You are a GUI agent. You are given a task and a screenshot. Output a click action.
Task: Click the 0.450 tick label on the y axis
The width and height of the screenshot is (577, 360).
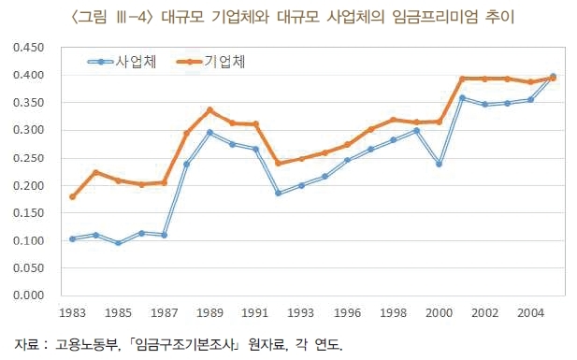click(28, 48)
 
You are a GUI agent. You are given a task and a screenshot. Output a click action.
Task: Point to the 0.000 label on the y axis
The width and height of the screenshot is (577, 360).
click(28, 295)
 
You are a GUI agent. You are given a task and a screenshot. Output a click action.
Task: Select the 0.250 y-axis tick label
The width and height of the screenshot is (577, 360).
click(28, 158)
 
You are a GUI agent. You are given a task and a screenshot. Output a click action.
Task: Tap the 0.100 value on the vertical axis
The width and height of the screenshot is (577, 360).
click(28, 240)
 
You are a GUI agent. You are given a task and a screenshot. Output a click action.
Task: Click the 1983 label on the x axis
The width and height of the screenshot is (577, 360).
click(72, 313)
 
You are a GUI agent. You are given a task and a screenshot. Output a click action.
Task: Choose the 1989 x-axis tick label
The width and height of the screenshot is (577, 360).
click(209, 313)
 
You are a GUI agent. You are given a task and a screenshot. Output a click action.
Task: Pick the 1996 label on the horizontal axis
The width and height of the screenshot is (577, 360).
click(347, 313)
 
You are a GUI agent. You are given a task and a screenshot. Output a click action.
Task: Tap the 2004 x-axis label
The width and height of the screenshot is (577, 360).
click(530, 313)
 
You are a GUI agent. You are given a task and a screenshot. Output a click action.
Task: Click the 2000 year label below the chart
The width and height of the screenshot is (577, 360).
click(439, 313)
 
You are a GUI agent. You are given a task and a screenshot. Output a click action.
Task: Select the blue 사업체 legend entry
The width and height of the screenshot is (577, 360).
click(122, 62)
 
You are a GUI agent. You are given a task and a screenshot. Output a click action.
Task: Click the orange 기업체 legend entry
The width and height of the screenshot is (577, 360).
click(210, 62)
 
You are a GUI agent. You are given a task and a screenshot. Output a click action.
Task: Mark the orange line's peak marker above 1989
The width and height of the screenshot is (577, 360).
click(209, 110)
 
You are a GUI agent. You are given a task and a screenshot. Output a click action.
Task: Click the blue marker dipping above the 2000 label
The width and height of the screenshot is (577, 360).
click(439, 164)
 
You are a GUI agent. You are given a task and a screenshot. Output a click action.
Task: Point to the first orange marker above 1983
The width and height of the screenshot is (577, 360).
click(73, 197)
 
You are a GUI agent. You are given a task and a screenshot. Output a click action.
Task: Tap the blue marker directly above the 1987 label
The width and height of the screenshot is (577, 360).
click(164, 235)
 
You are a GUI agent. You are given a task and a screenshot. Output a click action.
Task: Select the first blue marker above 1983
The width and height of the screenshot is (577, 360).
click(73, 238)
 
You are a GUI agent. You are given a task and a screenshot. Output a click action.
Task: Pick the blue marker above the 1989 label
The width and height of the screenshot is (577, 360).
click(209, 132)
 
